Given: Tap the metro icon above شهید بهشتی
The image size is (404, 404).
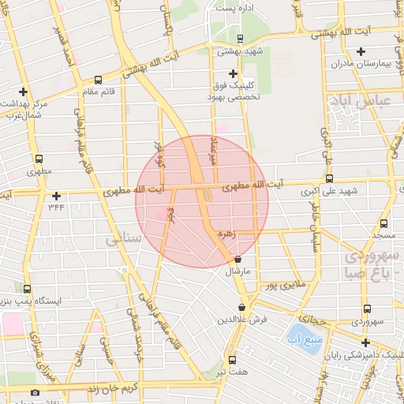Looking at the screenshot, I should (239, 37).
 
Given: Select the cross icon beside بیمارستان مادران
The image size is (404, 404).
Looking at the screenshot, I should (361, 52).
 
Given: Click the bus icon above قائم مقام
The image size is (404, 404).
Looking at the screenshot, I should (97, 80).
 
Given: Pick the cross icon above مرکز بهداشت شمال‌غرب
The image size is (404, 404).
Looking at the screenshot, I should (23, 92).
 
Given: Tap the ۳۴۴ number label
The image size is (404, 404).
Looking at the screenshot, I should (56, 207).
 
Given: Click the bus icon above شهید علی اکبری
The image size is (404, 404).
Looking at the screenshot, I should (329, 178).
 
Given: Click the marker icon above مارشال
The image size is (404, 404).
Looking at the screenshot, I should (238, 260).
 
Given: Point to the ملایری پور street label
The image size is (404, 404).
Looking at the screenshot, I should (283, 286).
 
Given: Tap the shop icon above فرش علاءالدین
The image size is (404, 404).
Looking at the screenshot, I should (241, 307).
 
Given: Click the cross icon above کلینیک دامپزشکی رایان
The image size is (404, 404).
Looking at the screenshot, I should (365, 342).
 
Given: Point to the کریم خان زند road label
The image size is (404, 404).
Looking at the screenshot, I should (112, 388).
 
